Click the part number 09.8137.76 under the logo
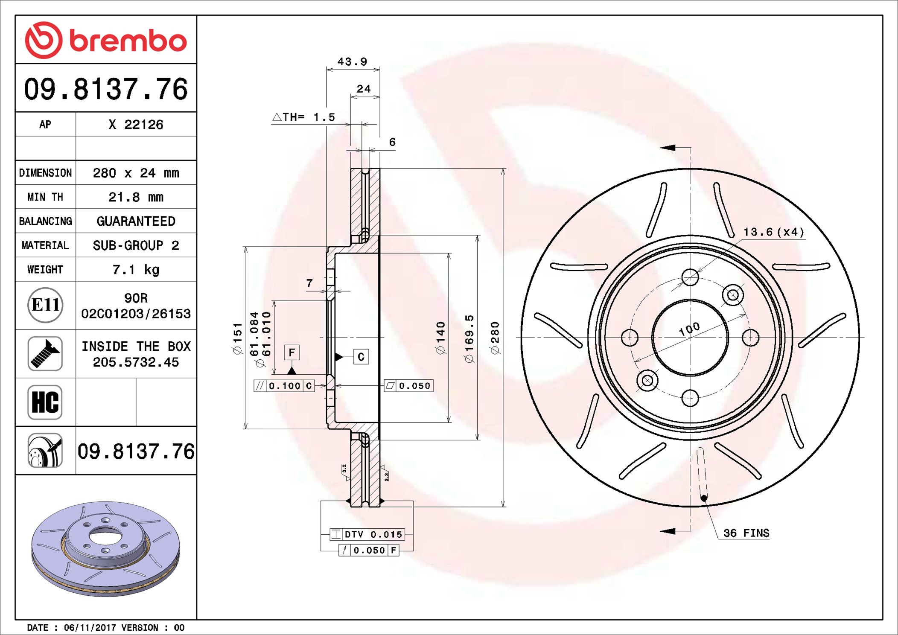point(105,89)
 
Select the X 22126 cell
point(136,125)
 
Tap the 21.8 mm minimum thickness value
point(136,197)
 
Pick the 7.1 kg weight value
point(136,270)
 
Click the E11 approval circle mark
point(45,305)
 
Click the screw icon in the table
point(45,353)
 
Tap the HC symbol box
point(45,402)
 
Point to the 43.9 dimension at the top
point(352,62)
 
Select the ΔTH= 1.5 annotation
point(304,117)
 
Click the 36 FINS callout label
point(746,533)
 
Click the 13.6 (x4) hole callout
point(773,232)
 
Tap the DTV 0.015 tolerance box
point(367,534)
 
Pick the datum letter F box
point(292,352)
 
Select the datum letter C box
point(361,357)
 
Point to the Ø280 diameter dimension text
point(495,338)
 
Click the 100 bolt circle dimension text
point(689,329)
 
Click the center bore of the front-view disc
point(690,338)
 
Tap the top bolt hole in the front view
point(690,277)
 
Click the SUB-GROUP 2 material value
point(136,245)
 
